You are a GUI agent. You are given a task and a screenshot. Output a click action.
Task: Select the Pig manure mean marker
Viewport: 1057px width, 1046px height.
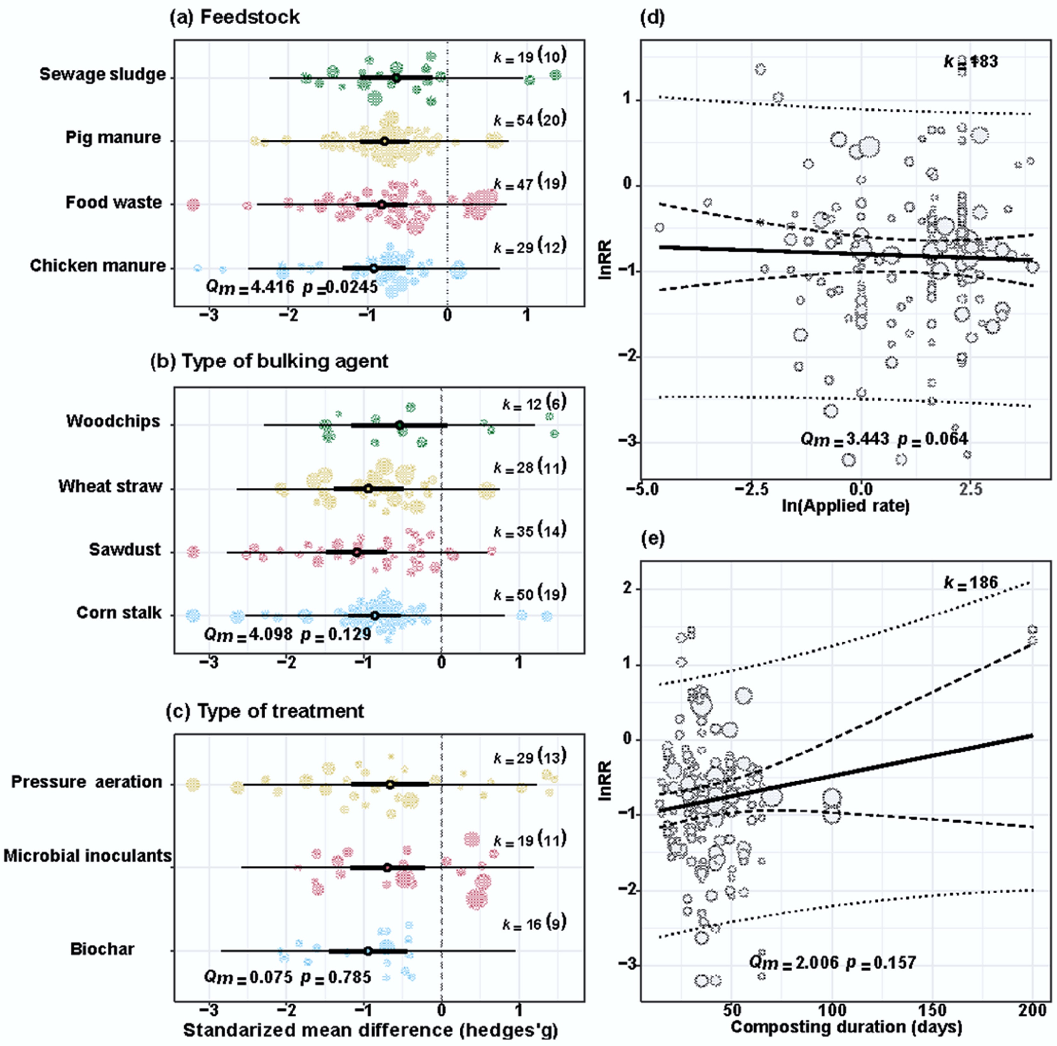click(x=385, y=141)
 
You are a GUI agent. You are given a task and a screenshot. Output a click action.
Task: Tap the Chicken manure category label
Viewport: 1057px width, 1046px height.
click(x=97, y=266)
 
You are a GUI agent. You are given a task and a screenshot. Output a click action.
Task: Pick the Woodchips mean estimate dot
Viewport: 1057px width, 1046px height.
click(x=400, y=425)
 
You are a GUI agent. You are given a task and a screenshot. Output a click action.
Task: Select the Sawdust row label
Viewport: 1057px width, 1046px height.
click(x=125, y=550)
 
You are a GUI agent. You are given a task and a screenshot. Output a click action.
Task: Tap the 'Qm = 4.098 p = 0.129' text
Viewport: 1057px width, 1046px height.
click(x=287, y=635)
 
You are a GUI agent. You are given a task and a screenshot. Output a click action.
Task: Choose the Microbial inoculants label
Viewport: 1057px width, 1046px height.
click(x=88, y=856)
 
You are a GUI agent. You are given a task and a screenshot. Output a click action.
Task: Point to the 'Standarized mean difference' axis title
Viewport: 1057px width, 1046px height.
click(x=370, y=1030)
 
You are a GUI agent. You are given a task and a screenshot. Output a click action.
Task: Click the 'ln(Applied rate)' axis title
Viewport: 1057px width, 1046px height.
click(x=845, y=506)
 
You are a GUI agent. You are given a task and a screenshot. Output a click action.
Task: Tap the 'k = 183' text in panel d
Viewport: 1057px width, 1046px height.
click(x=971, y=61)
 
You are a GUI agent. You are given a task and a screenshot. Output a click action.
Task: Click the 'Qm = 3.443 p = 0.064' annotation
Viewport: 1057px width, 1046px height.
click(x=883, y=439)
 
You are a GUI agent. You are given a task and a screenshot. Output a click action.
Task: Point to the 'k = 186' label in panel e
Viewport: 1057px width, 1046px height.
click(x=971, y=583)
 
